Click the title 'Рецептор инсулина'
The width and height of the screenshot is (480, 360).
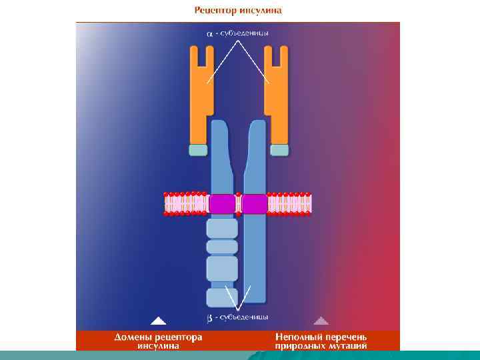(x=238, y=10)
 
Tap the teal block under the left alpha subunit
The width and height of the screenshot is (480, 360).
(x=199, y=150)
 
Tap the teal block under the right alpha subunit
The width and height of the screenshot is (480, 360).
(x=279, y=150)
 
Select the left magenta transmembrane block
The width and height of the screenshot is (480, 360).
(x=222, y=203)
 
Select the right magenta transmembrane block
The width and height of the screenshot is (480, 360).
(x=255, y=203)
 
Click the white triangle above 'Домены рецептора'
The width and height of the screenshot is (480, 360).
(x=158, y=320)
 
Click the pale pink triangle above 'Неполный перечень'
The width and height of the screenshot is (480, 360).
(x=321, y=320)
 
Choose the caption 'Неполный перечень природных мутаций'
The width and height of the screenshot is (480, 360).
(x=321, y=341)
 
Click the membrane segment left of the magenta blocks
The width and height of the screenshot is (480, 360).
(x=186, y=203)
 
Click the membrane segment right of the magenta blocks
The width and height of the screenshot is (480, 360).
(x=290, y=203)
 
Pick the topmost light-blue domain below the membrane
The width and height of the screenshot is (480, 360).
(x=222, y=229)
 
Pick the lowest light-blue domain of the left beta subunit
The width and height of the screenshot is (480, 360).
(x=220, y=297)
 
